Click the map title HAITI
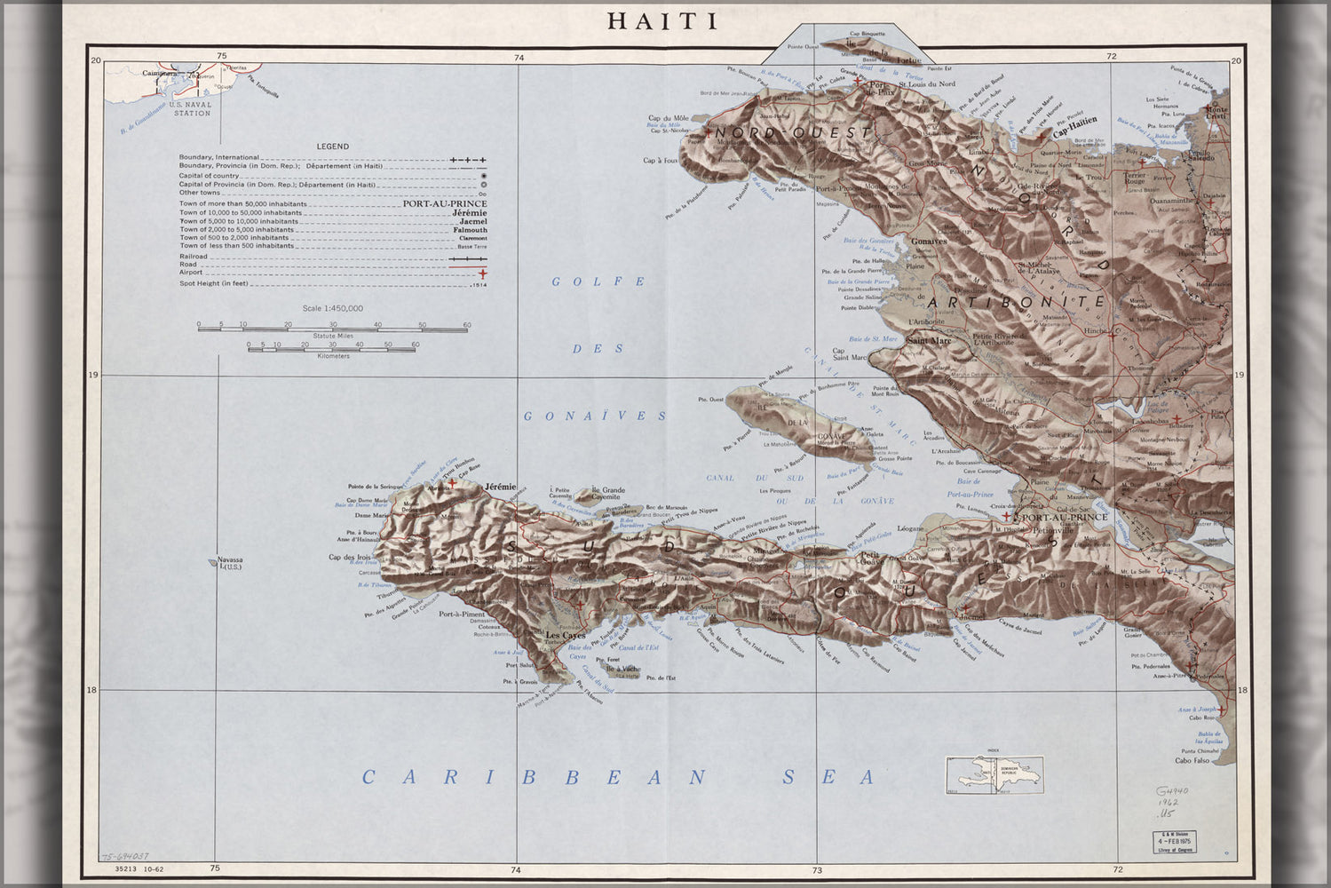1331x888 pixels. point(662,21)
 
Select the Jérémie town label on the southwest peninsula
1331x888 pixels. point(500,488)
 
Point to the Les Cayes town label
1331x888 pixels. point(566,636)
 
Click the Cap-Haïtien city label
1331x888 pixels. point(1074,123)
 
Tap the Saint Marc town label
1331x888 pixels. point(929,340)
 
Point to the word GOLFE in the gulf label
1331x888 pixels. point(598,281)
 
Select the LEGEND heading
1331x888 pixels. point(333,147)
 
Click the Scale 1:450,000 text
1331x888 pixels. point(332,308)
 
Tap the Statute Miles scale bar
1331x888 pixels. point(332,329)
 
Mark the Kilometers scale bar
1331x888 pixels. point(333,349)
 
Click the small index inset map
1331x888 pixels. point(994,774)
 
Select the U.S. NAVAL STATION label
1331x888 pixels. point(193,109)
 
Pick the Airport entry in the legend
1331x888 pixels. point(191,273)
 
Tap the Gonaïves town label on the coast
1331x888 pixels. point(928,241)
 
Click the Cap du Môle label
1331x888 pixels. point(668,118)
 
